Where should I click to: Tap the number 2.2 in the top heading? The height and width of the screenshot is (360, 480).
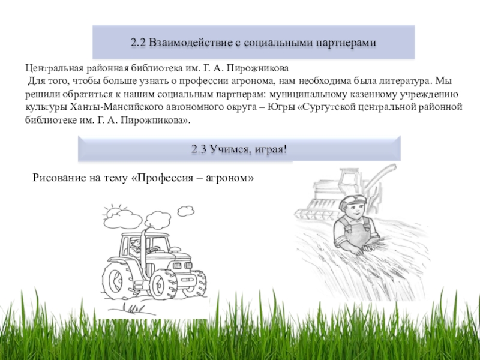(139, 42)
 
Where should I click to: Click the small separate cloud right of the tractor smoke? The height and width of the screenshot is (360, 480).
(186, 211)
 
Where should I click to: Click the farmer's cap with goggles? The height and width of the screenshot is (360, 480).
(353, 200)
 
